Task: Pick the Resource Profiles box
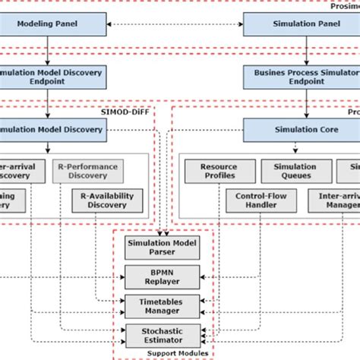pos(218,171)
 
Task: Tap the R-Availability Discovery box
pos(107,201)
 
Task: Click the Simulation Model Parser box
pos(163,248)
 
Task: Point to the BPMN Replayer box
pos(163,275)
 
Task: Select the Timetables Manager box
pos(163,305)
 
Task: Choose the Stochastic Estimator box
pos(163,334)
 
